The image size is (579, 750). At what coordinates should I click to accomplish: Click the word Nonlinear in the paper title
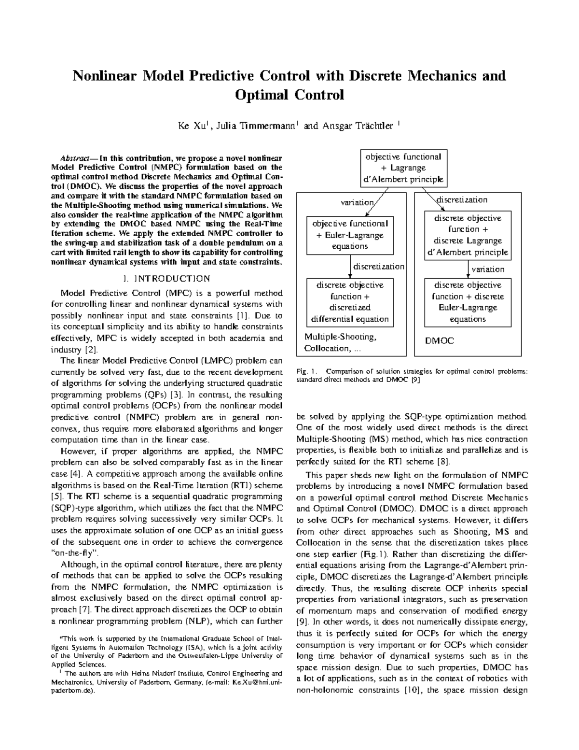pos(102,76)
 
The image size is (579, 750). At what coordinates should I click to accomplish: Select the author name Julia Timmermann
pos(255,127)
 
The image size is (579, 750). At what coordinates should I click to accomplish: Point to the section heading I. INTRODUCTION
pos(166,279)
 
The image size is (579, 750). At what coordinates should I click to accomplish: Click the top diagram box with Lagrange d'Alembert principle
pos(403,168)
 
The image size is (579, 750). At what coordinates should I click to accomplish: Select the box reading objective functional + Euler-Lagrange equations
pos(350,235)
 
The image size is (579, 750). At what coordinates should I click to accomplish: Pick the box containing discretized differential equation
pos(350,302)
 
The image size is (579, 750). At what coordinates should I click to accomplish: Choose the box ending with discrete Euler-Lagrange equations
pos(468,302)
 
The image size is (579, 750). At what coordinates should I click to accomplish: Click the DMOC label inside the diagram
pos(439,340)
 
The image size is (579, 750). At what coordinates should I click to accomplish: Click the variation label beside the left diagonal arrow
pos(357,203)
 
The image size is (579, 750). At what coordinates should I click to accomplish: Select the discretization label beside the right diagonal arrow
pos(462,200)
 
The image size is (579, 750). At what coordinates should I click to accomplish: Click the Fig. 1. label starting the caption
pos(307,371)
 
